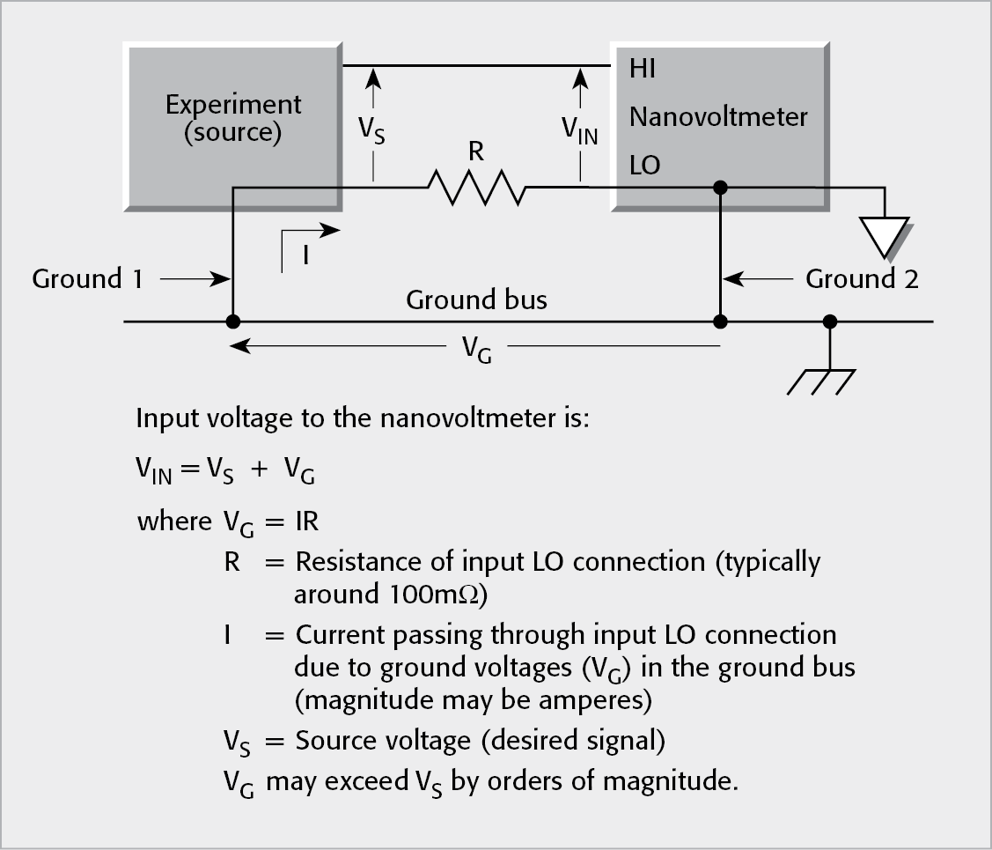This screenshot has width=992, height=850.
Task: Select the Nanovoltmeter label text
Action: tap(718, 116)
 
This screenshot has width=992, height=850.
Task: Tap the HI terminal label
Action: tap(643, 69)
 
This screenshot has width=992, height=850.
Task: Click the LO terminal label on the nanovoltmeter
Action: tap(644, 165)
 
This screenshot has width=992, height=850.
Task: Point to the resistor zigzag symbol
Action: tap(476, 187)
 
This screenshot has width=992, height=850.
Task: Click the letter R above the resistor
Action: tap(476, 152)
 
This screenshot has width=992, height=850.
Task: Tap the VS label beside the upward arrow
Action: tap(371, 130)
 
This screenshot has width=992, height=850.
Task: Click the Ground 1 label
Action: tap(87, 279)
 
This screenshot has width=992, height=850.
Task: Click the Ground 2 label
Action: tap(862, 279)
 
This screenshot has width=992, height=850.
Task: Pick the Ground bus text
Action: tap(476, 299)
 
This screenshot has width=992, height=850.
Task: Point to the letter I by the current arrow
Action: tap(305, 256)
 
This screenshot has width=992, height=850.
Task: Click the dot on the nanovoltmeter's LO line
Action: tap(720, 187)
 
